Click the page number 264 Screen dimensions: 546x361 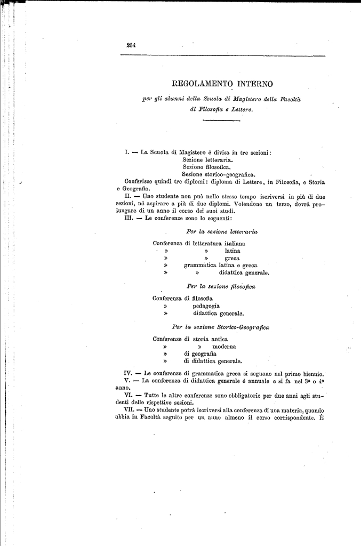[131, 45]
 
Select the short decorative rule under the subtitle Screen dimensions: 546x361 [221, 121]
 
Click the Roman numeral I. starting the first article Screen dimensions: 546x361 [126, 152]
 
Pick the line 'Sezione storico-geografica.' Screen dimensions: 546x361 [219, 174]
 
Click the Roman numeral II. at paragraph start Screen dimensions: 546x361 [127, 197]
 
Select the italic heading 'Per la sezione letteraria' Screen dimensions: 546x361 [222, 232]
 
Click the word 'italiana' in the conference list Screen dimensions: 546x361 [232, 243]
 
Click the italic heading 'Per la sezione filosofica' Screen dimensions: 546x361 [221, 287]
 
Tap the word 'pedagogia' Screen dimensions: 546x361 [206, 307]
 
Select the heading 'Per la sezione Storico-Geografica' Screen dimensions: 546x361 [220, 327]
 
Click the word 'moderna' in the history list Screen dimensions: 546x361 [224, 346]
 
